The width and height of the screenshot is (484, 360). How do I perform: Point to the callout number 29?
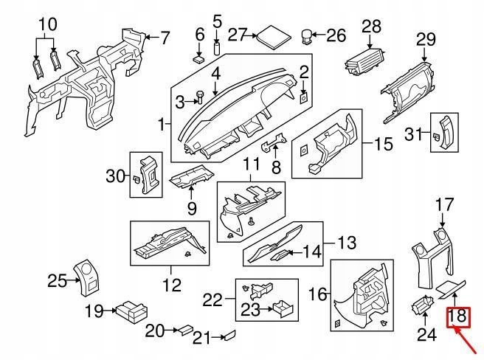click(426, 39)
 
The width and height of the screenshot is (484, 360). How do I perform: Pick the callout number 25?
click(57, 280)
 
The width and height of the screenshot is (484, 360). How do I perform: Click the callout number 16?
click(317, 294)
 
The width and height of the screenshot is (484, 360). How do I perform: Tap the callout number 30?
click(116, 176)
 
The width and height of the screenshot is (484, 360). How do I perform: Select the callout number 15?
click(384, 143)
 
